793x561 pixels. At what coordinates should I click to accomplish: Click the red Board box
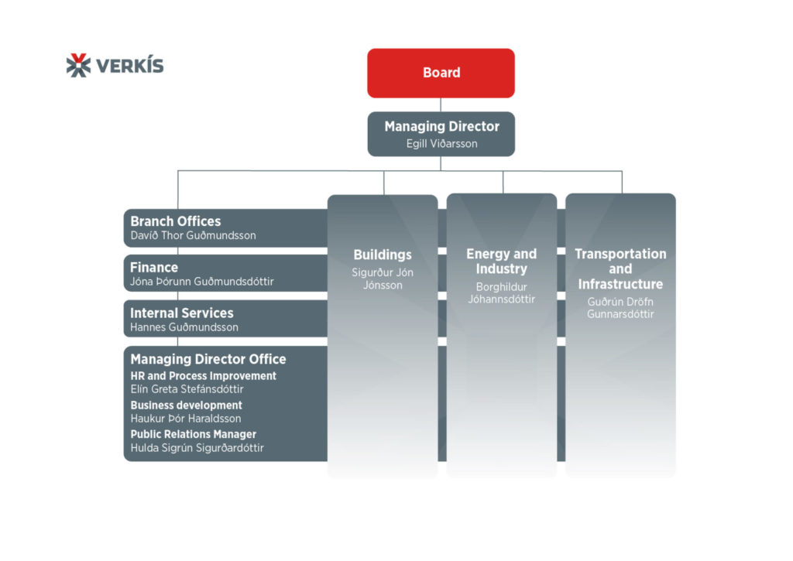click(441, 73)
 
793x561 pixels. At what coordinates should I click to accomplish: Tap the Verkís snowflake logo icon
click(78, 65)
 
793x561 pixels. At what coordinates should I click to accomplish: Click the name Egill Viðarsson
click(441, 143)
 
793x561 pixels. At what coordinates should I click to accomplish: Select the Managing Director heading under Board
click(441, 126)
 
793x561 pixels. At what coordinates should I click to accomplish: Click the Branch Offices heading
click(175, 221)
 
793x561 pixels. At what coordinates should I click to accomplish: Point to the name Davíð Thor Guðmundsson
click(193, 235)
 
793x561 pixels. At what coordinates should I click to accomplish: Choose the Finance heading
click(154, 267)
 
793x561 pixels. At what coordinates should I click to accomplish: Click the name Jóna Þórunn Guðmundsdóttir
click(201, 282)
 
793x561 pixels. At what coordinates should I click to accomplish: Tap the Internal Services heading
click(181, 313)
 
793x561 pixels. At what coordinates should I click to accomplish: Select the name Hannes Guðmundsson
click(184, 327)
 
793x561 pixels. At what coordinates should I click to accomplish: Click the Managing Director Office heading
click(208, 359)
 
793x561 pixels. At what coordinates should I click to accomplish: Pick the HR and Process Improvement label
click(203, 376)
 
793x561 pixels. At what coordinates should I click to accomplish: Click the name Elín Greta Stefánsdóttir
click(187, 389)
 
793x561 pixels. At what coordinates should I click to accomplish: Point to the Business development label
click(186, 405)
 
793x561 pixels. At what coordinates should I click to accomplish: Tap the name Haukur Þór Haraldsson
click(185, 419)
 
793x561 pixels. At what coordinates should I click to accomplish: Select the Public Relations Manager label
click(193, 434)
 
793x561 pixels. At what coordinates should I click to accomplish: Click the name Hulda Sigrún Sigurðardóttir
click(197, 448)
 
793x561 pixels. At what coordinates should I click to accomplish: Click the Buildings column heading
click(383, 255)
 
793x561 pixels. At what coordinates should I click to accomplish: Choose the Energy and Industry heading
click(501, 262)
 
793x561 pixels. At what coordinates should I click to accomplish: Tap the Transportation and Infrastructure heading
click(620, 269)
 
